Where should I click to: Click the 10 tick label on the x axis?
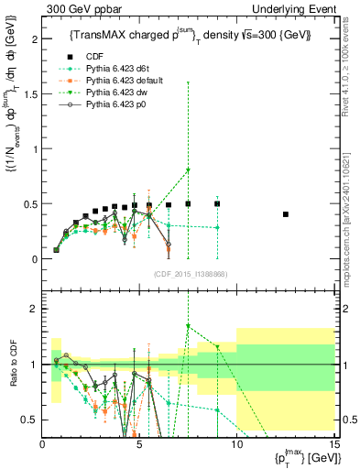(x=236, y=445)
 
